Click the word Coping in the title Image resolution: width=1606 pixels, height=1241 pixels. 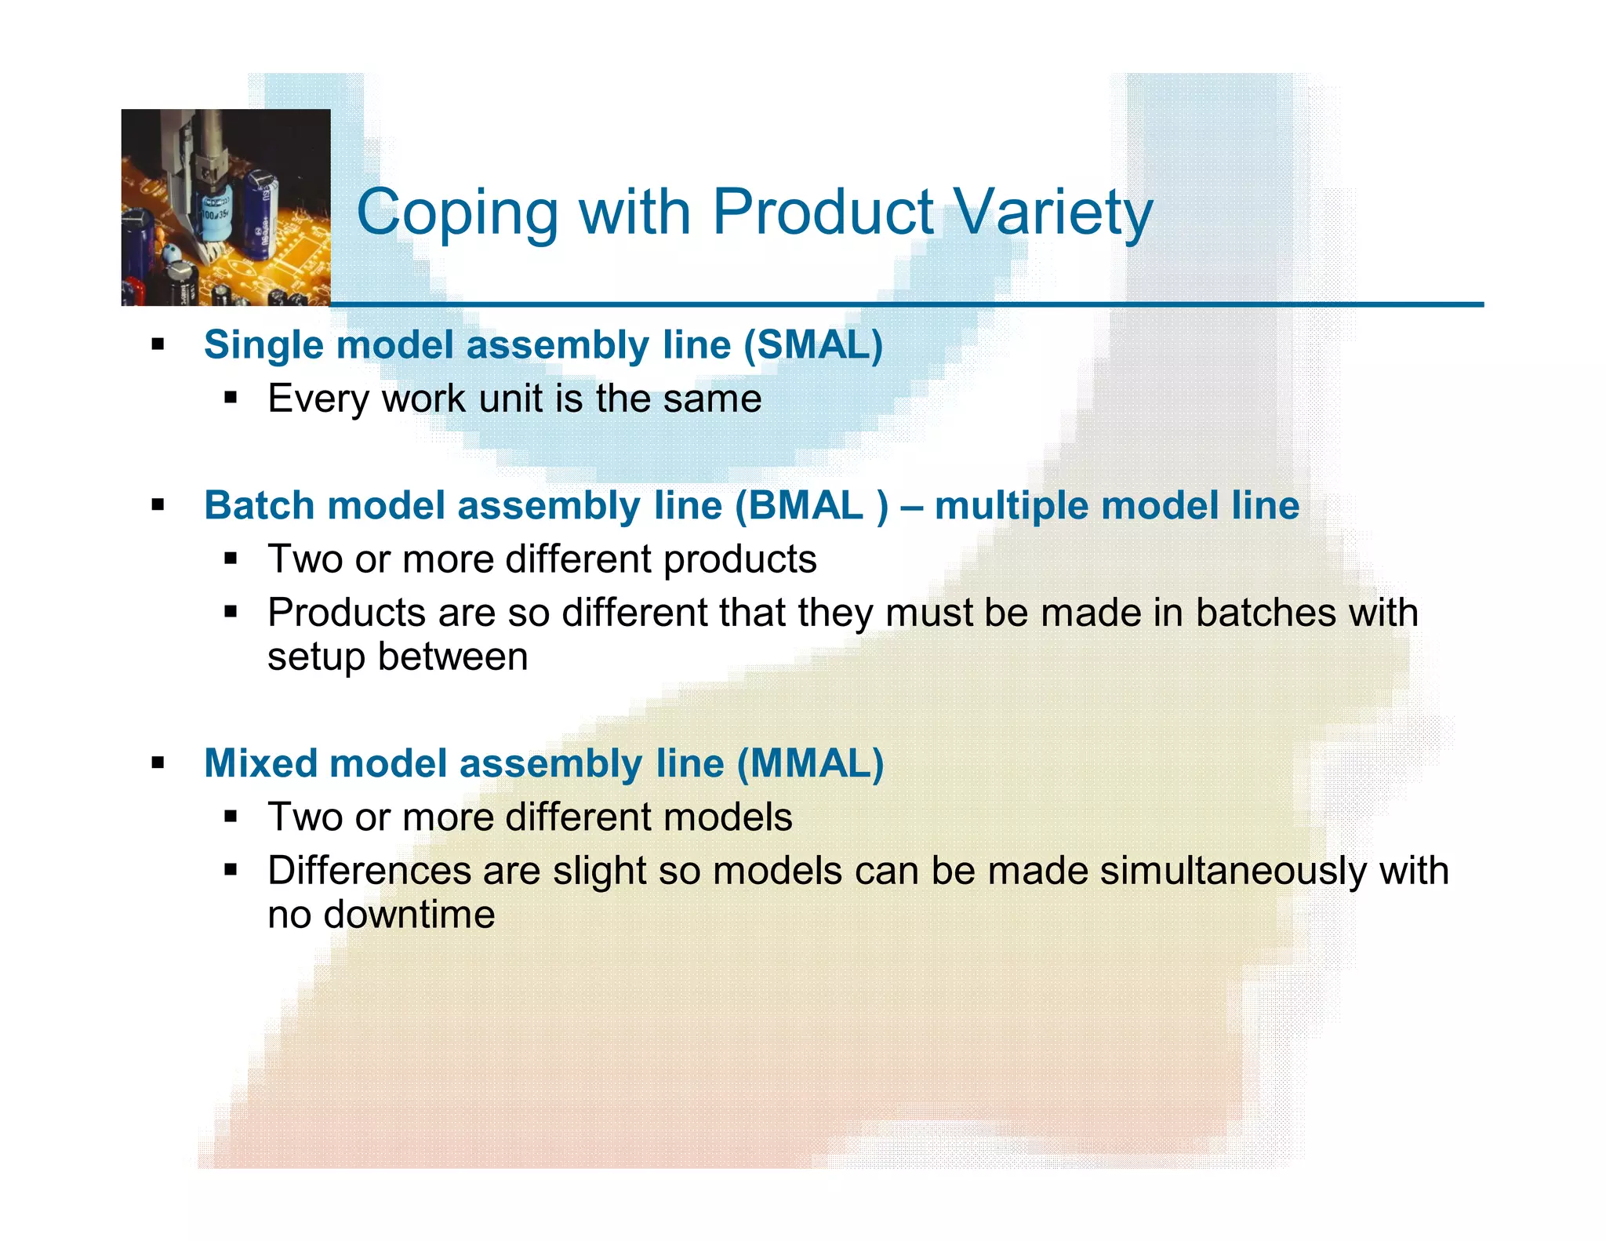[x=457, y=213]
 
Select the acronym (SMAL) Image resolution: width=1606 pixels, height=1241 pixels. [x=813, y=345]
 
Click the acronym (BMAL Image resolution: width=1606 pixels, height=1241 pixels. [x=800, y=506]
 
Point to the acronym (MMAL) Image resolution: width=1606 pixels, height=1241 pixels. [x=810, y=764]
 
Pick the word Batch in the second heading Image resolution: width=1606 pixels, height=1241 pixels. [x=259, y=506]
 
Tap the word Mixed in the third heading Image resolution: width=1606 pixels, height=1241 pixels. [x=259, y=764]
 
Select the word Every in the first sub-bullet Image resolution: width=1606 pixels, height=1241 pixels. [x=318, y=399]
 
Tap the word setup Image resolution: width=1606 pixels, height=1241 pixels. [x=315, y=657]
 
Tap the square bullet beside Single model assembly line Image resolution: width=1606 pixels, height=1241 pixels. [x=158, y=344]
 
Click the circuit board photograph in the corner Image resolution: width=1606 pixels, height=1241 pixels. [x=226, y=207]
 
